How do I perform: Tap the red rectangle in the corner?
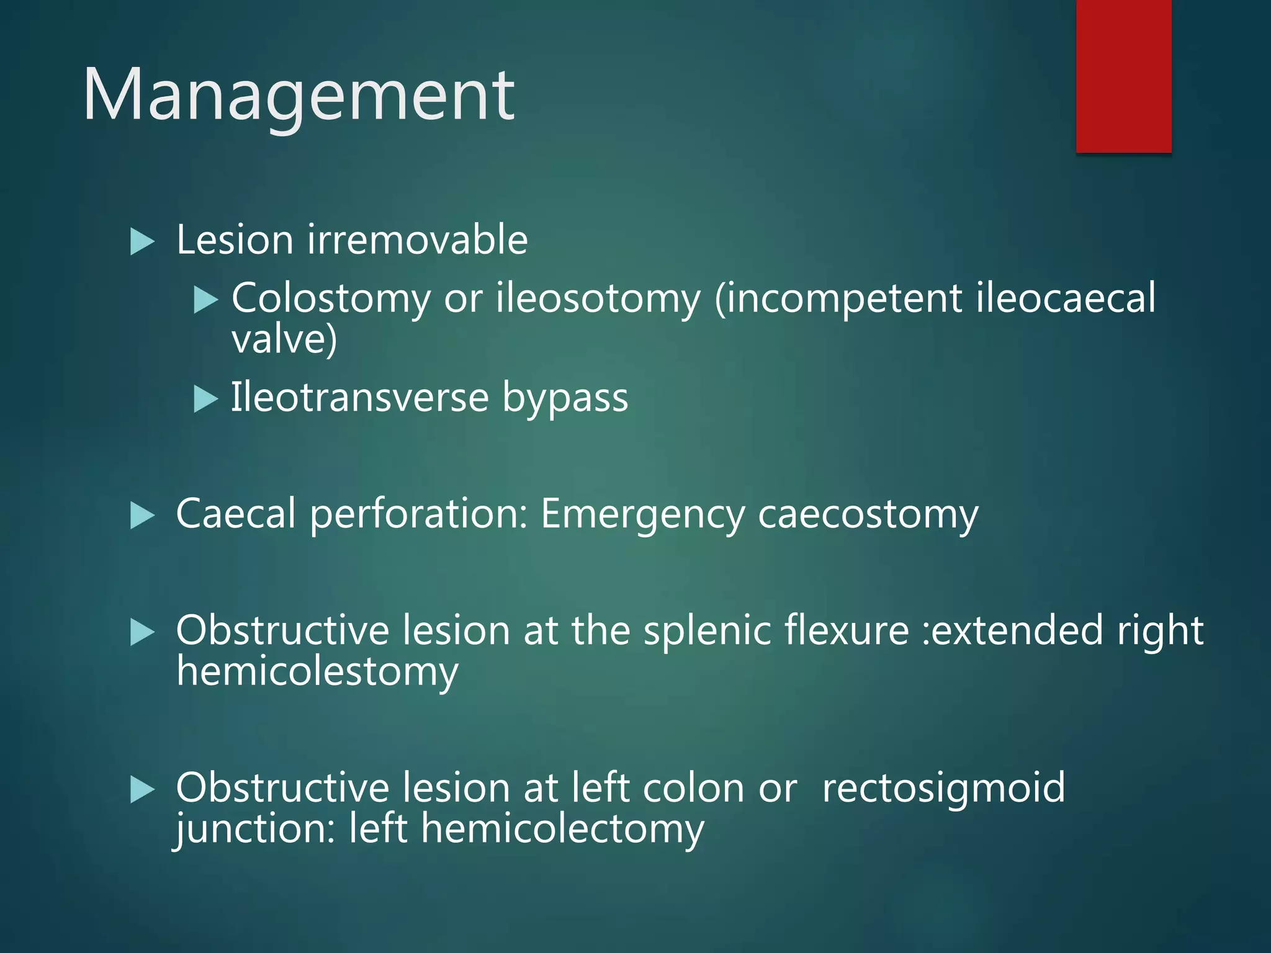coord(1123,76)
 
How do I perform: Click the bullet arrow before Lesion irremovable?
coord(142,241)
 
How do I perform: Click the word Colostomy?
coord(331,298)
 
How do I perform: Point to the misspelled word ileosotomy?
coord(598,298)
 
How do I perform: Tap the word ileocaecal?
coord(1066,297)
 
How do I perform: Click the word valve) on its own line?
coord(284,339)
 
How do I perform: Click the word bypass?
coord(565,398)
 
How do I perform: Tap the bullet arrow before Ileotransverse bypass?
coord(205,399)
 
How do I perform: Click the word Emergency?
coord(642,515)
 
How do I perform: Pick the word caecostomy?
coord(868,515)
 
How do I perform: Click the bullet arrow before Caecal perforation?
coord(142,516)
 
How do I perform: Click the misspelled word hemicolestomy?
coord(317,672)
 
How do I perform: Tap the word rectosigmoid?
coord(943,788)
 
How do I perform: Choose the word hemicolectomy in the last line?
coord(562,829)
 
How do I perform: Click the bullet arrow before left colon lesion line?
coord(142,790)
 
